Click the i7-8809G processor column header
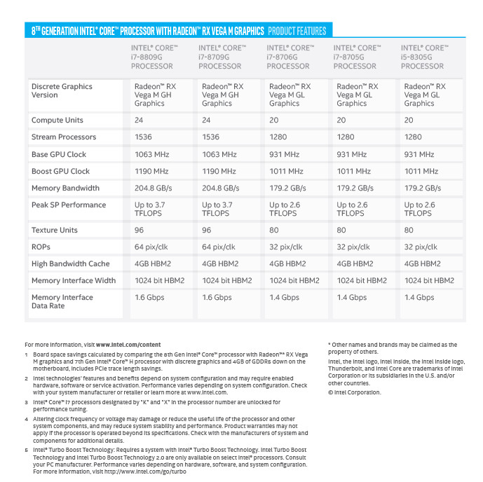[154, 57]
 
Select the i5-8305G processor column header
[423, 57]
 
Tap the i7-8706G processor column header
[289, 57]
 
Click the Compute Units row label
[57, 120]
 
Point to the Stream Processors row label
[63, 137]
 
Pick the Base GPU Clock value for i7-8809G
[152, 154]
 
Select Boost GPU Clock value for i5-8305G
[423, 171]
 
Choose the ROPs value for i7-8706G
[286, 247]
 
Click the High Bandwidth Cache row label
[70, 263]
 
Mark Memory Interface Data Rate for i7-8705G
[351, 297]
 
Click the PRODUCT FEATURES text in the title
[297, 31]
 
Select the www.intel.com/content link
[128, 345]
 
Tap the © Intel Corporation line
[355, 392]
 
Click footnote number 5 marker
[27, 450]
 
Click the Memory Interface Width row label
[74, 280]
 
